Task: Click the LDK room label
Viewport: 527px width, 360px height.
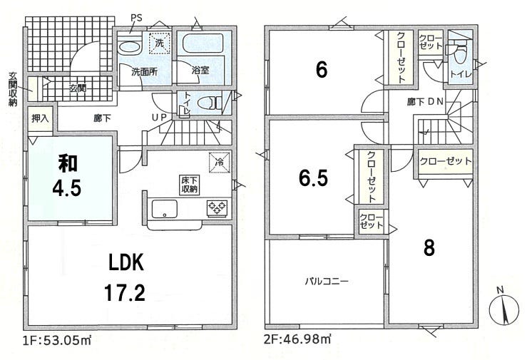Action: pyautogui.click(x=126, y=262)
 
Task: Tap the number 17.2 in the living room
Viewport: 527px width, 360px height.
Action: pyautogui.click(x=125, y=292)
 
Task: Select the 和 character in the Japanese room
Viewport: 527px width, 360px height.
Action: pyautogui.click(x=68, y=163)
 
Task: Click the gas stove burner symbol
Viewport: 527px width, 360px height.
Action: pyautogui.click(x=217, y=207)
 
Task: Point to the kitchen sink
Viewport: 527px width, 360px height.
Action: pyautogui.click(x=164, y=209)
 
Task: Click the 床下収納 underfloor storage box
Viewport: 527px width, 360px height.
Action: pyautogui.click(x=190, y=185)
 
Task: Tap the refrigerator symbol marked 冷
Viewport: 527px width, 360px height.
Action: pyautogui.click(x=220, y=163)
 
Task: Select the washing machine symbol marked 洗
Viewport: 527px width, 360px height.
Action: pyautogui.click(x=159, y=43)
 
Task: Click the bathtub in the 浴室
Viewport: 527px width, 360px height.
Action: pyautogui.click(x=203, y=43)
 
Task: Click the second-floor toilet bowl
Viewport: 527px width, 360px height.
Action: pyautogui.click(x=461, y=54)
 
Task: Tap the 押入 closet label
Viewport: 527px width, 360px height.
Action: pyautogui.click(x=40, y=118)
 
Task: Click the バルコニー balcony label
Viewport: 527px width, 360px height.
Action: pyautogui.click(x=327, y=281)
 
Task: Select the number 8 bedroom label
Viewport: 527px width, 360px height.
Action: pyautogui.click(x=429, y=248)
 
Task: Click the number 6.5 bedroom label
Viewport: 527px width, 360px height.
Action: pyautogui.click(x=313, y=178)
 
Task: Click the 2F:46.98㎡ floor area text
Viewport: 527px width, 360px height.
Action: pyautogui.click(x=297, y=339)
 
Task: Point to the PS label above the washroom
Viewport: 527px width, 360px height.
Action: pyautogui.click(x=136, y=18)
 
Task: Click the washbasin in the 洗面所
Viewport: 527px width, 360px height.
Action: pyautogui.click(x=129, y=47)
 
